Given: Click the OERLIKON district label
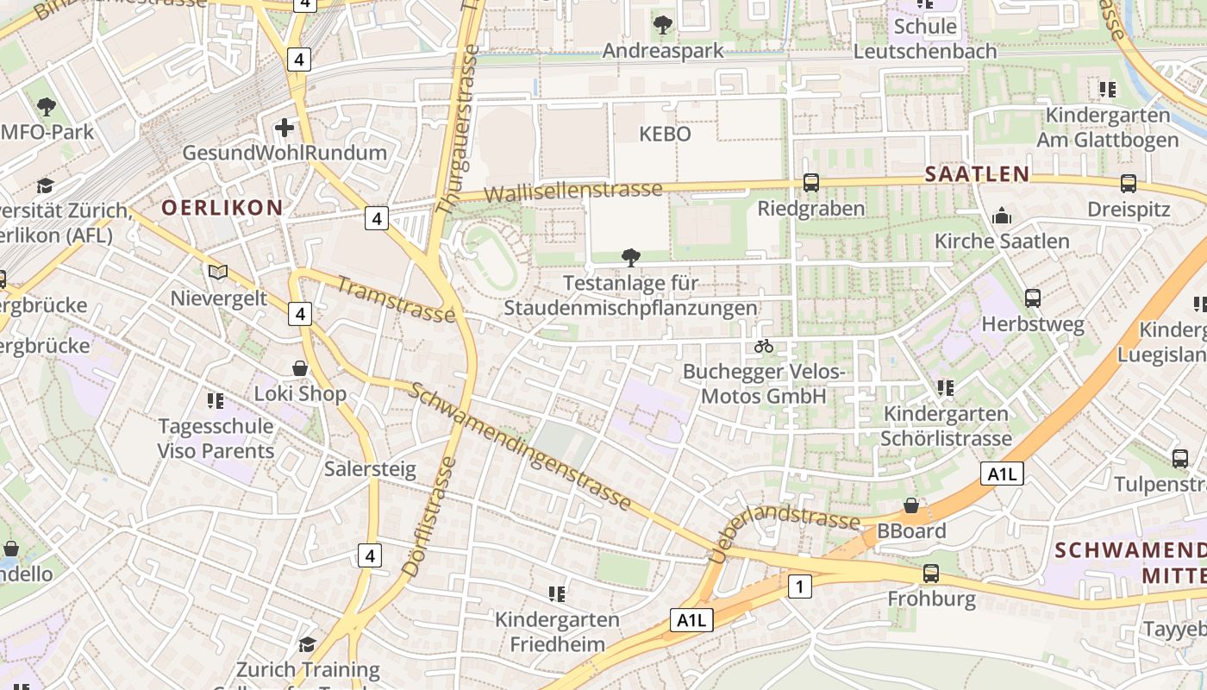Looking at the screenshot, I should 222,207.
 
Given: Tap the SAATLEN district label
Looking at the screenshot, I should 977,173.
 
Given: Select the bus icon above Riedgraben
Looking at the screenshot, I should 810,183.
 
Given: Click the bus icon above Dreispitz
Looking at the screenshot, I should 1128,184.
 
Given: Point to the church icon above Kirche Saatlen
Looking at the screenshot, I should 1002,216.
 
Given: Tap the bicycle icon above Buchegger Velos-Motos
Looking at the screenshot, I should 763,347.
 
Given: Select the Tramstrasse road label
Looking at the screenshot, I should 396,300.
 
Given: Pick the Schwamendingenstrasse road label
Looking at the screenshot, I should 520,446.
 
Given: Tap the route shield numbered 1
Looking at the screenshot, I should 800,587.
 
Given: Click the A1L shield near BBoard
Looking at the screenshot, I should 1002,474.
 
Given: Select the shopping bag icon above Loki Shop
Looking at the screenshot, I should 300,368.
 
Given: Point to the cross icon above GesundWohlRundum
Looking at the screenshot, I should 284,129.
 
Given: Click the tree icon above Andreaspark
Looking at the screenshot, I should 662,25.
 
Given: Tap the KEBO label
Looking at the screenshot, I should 665,135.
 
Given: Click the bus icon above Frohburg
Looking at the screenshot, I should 930,574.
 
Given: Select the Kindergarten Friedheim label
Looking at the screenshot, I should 557,631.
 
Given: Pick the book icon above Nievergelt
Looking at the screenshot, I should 218,273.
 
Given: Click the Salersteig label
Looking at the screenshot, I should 370,469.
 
